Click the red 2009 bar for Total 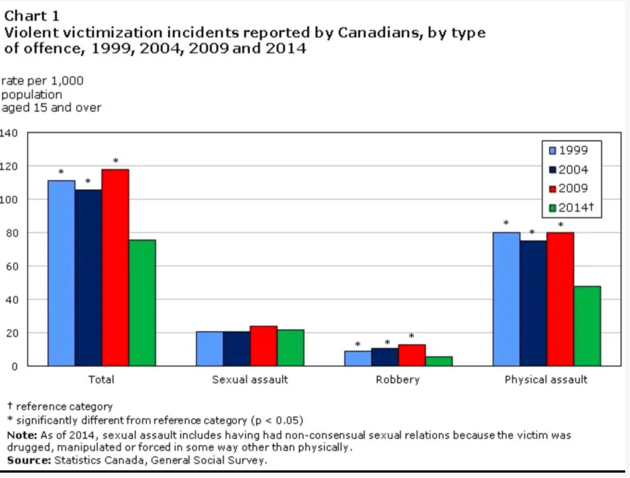(115, 268)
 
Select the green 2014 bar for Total (142, 303)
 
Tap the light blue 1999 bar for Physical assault (506, 299)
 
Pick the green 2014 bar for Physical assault (587, 326)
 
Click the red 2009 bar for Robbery (412, 355)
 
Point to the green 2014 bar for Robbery (439, 361)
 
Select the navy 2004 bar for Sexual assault (237, 348)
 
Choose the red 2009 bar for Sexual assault (263, 346)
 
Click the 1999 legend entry (568, 150)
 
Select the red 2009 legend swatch (553, 189)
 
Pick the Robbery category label (398, 380)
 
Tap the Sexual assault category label (250, 380)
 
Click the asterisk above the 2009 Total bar (116, 161)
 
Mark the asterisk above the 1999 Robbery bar (358, 345)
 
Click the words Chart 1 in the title (31, 16)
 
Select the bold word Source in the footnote (29, 460)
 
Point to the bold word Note (22, 435)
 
